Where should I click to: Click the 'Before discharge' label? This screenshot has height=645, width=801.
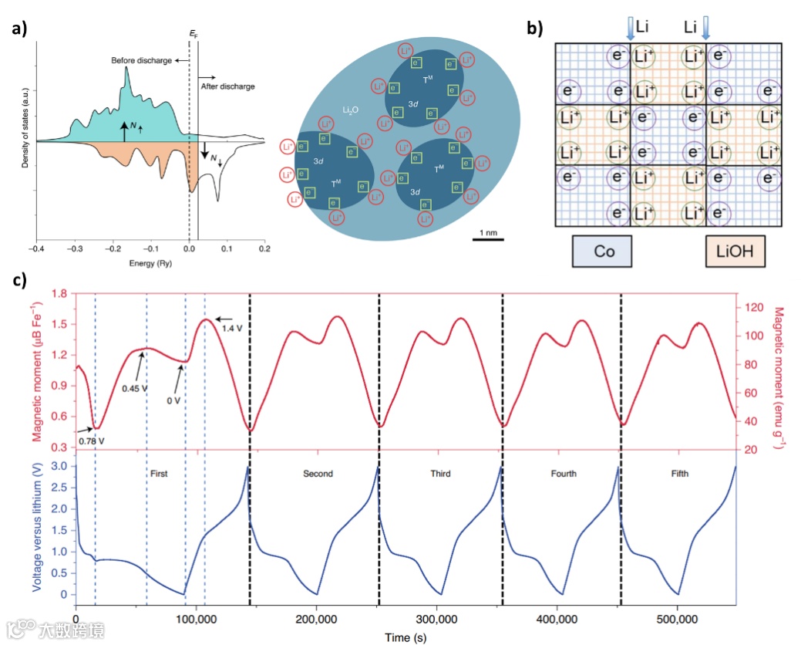click(141, 60)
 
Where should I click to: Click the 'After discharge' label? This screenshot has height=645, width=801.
click(227, 86)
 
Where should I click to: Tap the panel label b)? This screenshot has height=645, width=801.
click(534, 29)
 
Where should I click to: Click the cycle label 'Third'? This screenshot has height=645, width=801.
click(440, 474)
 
